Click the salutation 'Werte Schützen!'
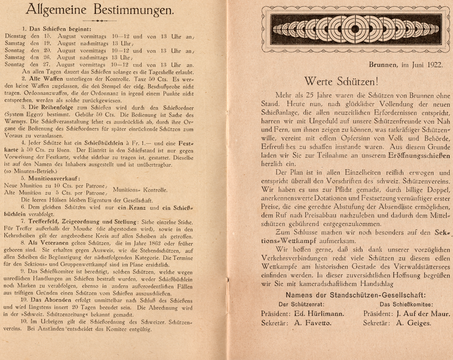click(341, 81)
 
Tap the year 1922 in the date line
click(435, 65)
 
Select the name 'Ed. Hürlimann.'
click(319, 314)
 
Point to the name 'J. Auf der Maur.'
click(423, 314)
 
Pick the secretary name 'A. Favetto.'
click(313, 323)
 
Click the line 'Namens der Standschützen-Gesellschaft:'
click(356, 295)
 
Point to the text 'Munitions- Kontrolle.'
click(140, 190)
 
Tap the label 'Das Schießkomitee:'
click(406, 304)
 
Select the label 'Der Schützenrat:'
click(301, 304)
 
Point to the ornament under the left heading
click(100, 21)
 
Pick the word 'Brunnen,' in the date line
click(383, 65)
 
